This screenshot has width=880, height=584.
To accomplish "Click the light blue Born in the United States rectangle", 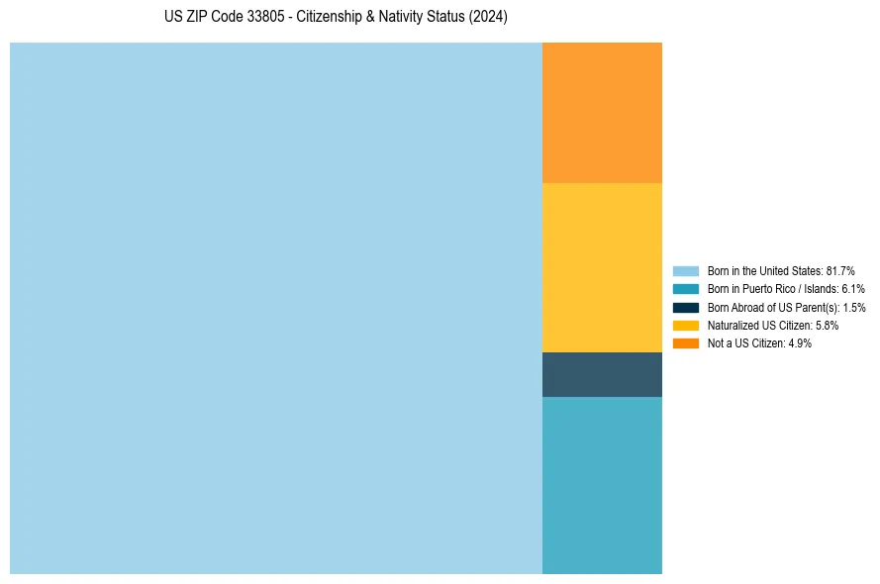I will (x=276, y=308).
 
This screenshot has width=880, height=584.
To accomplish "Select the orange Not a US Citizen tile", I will (x=602, y=113).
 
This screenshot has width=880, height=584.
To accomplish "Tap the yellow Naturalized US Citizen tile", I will (x=602, y=267).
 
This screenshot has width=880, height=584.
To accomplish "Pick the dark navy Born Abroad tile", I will (x=602, y=374).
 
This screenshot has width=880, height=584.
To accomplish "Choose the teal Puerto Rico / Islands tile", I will (x=602, y=485).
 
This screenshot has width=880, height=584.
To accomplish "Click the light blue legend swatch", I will (x=686, y=270).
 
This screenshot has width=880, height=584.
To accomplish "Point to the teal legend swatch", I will (x=686, y=289).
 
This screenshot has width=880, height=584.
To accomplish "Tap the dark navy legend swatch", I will (x=686, y=307).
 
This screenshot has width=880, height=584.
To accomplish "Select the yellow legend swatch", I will (x=686, y=325).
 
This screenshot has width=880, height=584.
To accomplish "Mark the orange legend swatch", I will (x=686, y=342).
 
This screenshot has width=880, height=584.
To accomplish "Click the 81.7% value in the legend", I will (x=840, y=270).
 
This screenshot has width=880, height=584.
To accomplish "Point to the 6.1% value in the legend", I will (x=853, y=289).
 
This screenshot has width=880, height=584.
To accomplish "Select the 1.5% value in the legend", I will (x=854, y=307).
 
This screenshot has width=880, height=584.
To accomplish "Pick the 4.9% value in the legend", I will (x=800, y=342).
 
